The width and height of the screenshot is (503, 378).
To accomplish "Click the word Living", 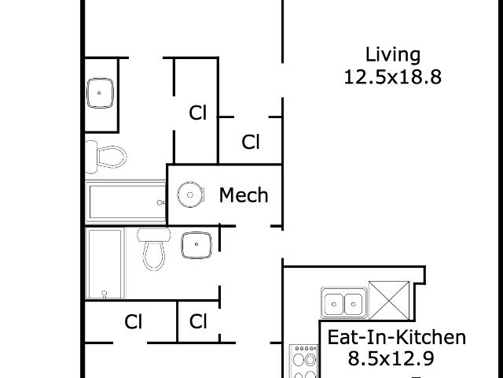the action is [393, 55].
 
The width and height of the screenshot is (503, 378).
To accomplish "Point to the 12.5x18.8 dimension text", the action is [393, 77].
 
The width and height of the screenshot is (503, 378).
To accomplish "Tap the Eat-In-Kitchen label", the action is [396, 338].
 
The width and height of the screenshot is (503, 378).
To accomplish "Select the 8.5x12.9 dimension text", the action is [391, 358].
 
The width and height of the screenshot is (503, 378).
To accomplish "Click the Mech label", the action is [244, 195].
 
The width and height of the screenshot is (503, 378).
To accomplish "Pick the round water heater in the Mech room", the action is [190, 195].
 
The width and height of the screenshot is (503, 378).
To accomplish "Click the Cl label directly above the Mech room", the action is [251, 142].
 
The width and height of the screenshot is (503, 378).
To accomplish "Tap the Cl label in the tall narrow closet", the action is [197, 113].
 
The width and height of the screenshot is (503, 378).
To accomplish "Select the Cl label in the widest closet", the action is [133, 321].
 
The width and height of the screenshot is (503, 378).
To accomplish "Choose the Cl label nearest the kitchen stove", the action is [198, 321].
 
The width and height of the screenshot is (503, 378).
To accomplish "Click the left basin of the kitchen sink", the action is [333, 304].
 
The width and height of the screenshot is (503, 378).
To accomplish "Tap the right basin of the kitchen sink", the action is [353, 304].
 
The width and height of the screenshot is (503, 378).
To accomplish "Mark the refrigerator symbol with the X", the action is [389, 301].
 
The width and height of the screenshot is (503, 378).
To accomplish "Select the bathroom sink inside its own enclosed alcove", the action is [100, 93].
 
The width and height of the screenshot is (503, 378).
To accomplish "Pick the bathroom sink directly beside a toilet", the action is [196, 245].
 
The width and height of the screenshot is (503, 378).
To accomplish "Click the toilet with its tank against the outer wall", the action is [105, 157].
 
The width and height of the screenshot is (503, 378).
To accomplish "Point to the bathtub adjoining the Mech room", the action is [126, 202].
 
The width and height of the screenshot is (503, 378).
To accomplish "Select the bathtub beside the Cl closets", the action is [105, 263].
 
